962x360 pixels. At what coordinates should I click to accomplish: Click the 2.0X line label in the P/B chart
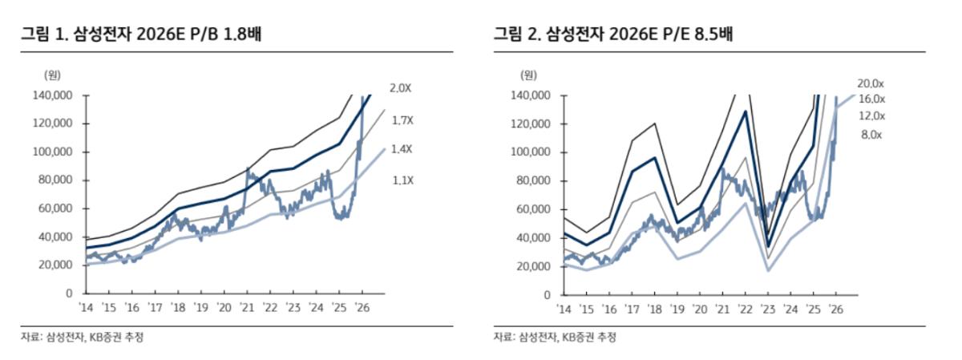(401, 88)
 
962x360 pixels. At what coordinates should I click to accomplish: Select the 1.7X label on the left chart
(402, 120)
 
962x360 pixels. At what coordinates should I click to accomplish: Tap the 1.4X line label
(402, 150)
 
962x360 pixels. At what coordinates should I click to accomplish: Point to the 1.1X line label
(402, 180)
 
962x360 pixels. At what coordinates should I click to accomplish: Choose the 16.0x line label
(871, 99)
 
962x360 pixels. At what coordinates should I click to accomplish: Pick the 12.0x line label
(871, 116)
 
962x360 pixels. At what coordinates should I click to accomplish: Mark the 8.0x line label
(871, 135)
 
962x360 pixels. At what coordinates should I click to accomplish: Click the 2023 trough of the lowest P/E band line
(769, 269)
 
